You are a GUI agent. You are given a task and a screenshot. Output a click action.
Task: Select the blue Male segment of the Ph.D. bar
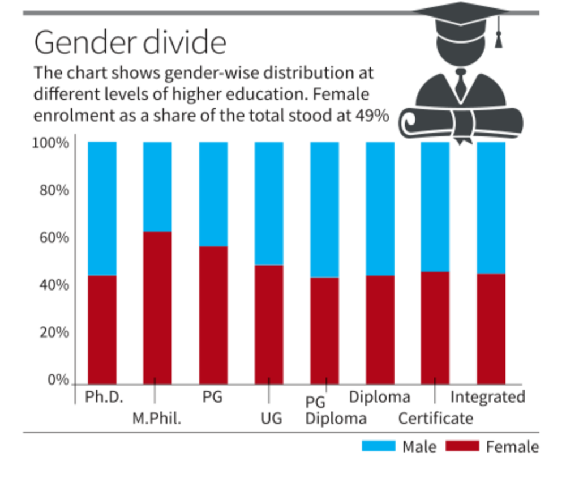coord(102,208)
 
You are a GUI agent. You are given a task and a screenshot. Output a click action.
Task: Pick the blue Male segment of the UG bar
coord(269,203)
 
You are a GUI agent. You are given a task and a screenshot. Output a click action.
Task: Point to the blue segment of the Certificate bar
coord(435,206)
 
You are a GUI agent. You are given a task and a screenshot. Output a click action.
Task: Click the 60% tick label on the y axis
coord(54,237)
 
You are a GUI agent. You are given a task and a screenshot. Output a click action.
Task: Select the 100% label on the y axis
coord(51,143)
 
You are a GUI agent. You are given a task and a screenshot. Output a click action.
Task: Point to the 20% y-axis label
coord(54,332)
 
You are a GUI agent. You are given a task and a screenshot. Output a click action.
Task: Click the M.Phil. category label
coord(157,419)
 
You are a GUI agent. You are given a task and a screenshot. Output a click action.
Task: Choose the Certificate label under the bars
coord(435,419)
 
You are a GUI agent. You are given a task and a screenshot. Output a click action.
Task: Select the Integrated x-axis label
coord(487,397)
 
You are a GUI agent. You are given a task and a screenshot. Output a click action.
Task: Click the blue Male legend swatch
coord(379,446)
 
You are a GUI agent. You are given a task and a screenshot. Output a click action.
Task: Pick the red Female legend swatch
coord(462,446)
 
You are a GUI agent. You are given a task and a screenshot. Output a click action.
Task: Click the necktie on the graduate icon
coord(461,85)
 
